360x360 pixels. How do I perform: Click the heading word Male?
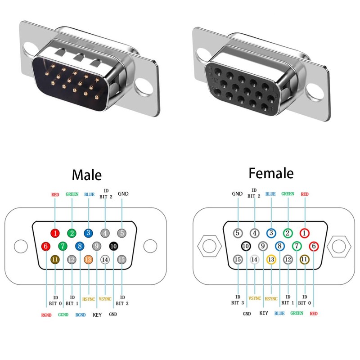[x=87, y=175]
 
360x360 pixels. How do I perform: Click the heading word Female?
[x=270, y=173]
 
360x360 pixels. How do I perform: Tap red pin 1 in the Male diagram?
[x=55, y=233]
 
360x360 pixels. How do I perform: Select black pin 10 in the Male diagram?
[x=113, y=246]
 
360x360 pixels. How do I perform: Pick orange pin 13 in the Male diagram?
[x=88, y=259]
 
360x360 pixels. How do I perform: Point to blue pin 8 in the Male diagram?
[x=80, y=246]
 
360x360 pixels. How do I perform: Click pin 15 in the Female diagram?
[x=238, y=259]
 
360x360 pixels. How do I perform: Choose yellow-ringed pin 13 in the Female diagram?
[x=271, y=259]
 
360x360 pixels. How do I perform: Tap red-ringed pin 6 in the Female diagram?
[x=314, y=246]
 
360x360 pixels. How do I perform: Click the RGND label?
[x=46, y=315]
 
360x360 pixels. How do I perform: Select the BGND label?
[x=81, y=315]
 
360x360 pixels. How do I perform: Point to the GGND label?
[x=63, y=315]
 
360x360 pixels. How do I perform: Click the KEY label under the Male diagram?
[x=97, y=315]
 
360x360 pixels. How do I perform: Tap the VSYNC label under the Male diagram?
[x=105, y=298]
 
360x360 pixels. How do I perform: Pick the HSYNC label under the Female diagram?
[x=271, y=298]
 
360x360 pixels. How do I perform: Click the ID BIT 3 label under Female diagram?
[x=238, y=300]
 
